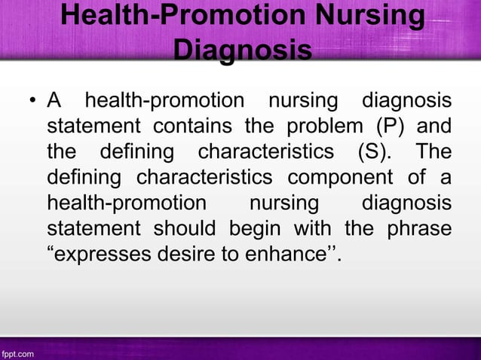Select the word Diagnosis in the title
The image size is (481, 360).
(x=242, y=51)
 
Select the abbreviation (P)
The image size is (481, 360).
(x=389, y=124)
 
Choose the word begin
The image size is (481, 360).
(x=253, y=228)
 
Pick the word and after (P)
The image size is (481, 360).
(x=436, y=124)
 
